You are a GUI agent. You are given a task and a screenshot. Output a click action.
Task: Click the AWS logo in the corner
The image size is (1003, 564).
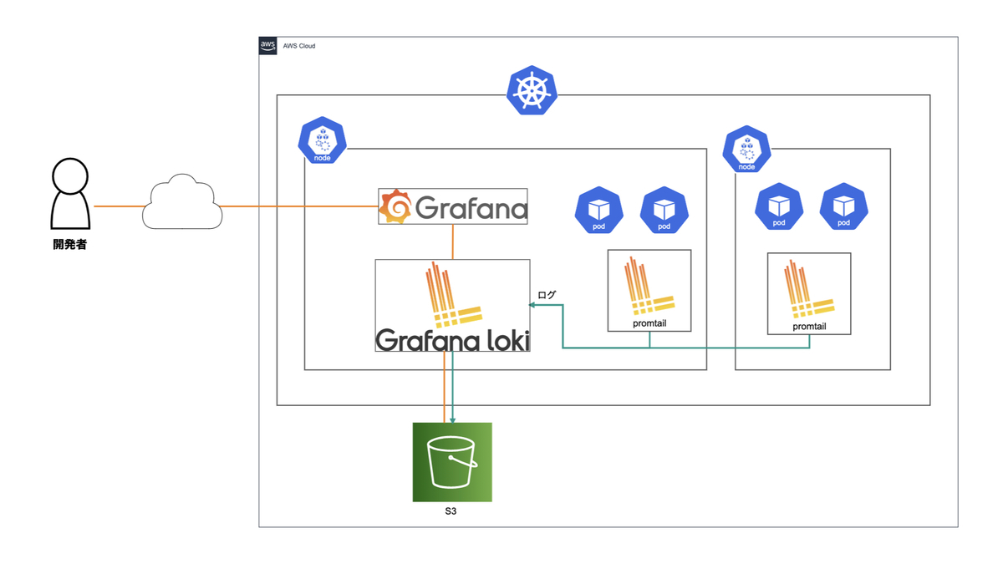click(x=267, y=46)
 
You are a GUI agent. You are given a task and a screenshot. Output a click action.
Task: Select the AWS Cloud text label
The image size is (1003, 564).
click(x=299, y=46)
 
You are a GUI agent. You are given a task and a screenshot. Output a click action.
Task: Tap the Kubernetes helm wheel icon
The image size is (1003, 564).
click(x=532, y=90)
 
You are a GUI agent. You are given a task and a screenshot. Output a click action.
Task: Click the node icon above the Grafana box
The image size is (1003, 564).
click(x=322, y=140)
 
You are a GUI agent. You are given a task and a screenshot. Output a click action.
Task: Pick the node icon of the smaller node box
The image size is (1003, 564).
click(x=746, y=149)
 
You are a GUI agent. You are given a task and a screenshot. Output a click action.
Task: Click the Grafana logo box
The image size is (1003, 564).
click(x=453, y=206)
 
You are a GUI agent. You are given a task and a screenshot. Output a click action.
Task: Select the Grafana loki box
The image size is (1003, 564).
click(x=453, y=306)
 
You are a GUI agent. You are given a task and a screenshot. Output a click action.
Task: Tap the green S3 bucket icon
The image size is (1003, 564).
click(x=452, y=462)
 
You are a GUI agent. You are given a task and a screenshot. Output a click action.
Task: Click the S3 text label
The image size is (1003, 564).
click(x=451, y=511)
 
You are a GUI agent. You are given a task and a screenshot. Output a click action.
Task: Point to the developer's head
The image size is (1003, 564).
click(x=70, y=176)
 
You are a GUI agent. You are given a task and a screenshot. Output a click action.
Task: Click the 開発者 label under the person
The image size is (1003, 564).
click(x=70, y=244)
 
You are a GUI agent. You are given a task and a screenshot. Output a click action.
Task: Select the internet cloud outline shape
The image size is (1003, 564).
click(x=182, y=202)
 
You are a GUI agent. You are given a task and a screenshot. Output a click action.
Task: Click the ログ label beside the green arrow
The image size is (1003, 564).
click(x=547, y=295)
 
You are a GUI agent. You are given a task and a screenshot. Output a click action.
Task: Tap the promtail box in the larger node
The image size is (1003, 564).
click(x=649, y=291)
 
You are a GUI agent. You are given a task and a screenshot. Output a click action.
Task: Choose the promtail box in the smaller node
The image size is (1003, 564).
click(x=809, y=293)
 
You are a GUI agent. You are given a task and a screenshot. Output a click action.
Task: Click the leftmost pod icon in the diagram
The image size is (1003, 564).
click(x=599, y=210)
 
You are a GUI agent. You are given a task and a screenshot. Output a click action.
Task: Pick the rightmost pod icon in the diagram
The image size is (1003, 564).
click(x=843, y=206)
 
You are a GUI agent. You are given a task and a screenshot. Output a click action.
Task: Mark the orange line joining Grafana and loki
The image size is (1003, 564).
click(x=453, y=241)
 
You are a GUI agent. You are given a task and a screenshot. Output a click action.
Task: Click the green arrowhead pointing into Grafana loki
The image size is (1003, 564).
click(x=532, y=305)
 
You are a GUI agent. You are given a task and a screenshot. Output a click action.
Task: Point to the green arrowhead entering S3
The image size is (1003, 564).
click(x=453, y=419)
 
